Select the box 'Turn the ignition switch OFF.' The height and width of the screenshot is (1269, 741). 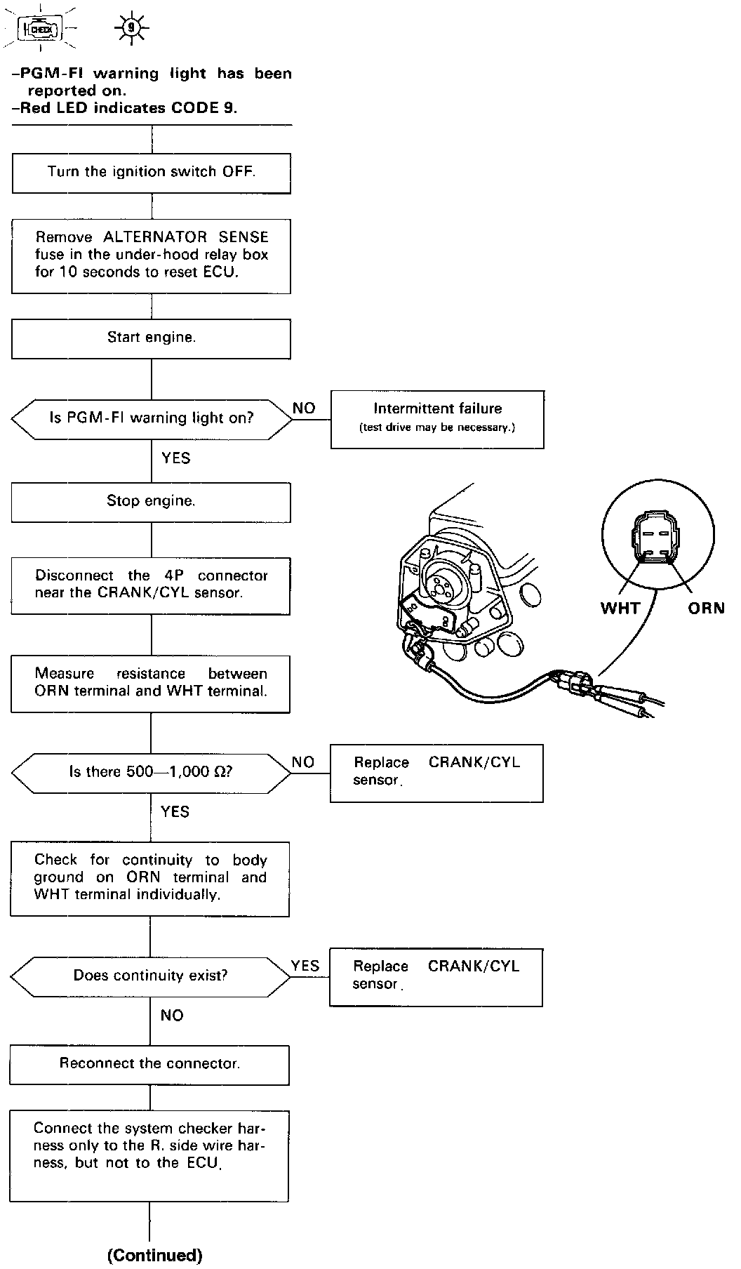click(152, 172)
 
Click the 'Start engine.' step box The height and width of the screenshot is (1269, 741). click(152, 338)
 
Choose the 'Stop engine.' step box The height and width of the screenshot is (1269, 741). click(151, 502)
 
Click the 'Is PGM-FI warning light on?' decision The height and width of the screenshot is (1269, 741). click(152, 418)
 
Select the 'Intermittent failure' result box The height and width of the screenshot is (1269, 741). click(437, 419)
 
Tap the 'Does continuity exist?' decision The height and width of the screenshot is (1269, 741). click(151, 976)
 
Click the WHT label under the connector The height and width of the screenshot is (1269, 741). click(620, 608)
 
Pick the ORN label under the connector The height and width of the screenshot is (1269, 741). click(706, 608)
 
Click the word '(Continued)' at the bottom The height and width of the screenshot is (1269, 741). click(154, 1255)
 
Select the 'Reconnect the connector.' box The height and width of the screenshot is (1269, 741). click(149, 1064)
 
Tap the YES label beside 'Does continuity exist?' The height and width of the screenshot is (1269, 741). click(305, 966)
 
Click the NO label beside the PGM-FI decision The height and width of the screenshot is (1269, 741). click(304, 408)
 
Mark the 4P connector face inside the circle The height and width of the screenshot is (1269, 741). click(657, 540)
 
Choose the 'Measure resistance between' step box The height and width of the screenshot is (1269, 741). click(151, 683)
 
